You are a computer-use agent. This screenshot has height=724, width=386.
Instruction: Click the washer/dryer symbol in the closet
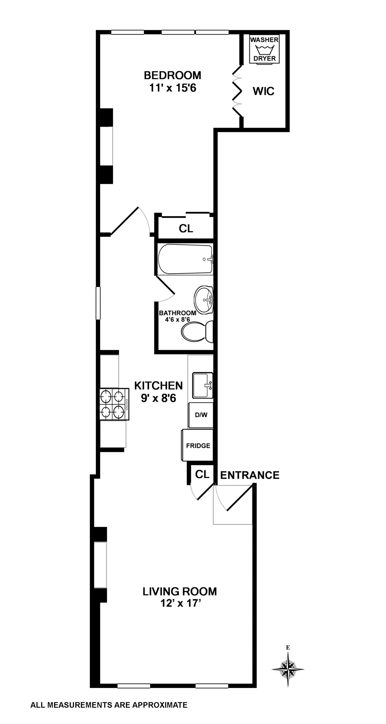(x=264, y=49)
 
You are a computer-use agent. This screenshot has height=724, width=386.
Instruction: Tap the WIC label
(x=263, y=91)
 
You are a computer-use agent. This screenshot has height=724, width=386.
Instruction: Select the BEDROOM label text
(x=172, y=75)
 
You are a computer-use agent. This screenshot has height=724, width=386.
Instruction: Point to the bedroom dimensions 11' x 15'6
(x=172, y=88)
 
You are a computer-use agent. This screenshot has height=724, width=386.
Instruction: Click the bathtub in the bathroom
(x=186, y=259)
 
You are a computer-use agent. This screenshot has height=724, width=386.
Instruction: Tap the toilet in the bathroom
(x=197, y=332)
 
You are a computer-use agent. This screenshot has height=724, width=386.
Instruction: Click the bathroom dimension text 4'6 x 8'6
(x=178, y=319)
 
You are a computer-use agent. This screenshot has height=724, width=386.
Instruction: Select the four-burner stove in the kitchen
(x=115, y=404)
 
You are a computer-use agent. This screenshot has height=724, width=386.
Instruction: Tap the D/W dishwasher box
(x=201, y=415)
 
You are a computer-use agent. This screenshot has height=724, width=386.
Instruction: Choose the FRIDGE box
(x=198, y=445)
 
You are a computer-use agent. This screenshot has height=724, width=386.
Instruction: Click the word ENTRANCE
(x=250, y=475)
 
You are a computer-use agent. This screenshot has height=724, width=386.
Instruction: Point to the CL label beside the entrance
(x=202, y=474)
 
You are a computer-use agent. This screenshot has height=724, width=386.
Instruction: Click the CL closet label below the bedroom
(x=186, y=228)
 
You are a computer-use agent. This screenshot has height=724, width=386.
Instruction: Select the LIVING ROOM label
(x=180, y=591)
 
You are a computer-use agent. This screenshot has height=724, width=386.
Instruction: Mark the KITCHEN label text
(x=158, y=385)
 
